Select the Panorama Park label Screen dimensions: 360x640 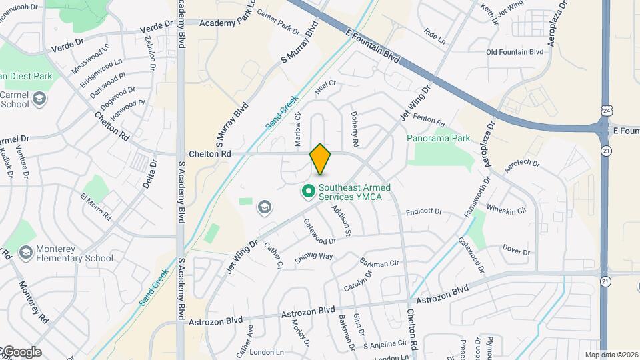438,139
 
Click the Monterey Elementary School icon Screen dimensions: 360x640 26,253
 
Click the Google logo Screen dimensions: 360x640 21,352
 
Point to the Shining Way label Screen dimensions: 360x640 314,256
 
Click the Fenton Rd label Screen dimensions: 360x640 429,121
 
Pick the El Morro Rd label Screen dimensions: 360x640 95,206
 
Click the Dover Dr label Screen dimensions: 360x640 516,252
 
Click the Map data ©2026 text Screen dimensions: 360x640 611,355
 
